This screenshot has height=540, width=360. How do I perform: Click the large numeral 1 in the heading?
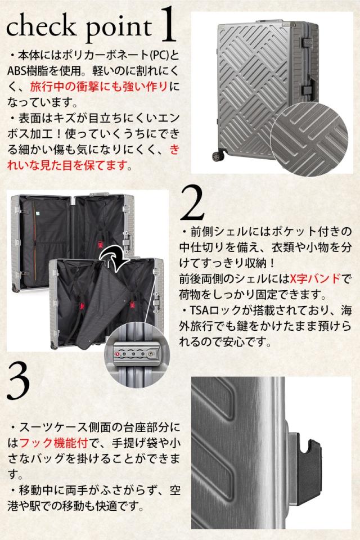[168, 26]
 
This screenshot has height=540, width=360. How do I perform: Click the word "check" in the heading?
[41, 26]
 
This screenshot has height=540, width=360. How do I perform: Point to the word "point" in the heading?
[119, 28]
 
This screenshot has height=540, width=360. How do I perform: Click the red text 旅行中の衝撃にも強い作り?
[99, 87]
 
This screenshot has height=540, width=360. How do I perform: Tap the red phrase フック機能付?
[54, 443]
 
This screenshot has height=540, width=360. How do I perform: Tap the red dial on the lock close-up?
[118, 354]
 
